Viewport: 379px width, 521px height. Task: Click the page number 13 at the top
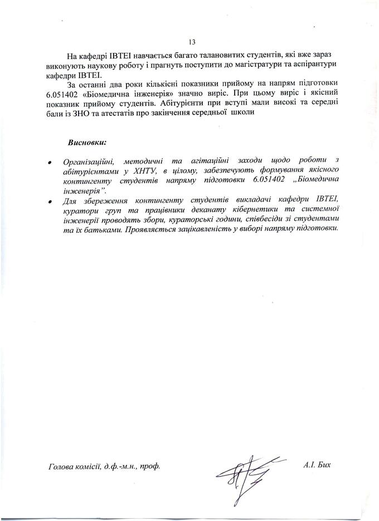193,42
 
